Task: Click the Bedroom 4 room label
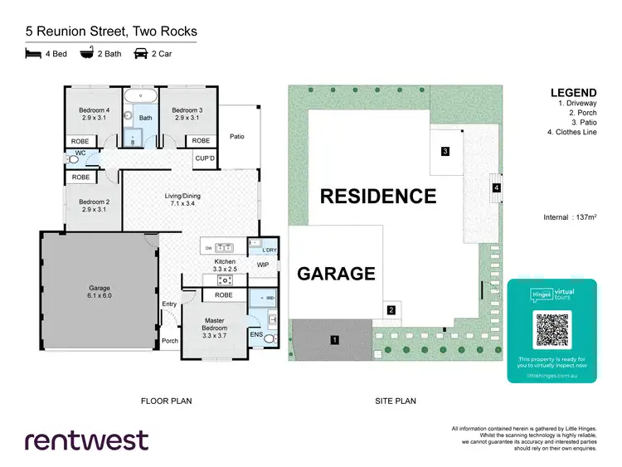[94, 114]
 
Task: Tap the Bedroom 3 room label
[187, 114]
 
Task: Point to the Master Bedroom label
[215, 324]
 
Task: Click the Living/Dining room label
[185, 199]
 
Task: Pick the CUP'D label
[204, 158]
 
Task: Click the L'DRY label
[270, 250]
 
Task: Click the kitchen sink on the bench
[225, 246]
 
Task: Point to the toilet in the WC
[72, 158]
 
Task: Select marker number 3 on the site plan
[445, 151]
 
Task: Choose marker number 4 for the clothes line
[497, 188]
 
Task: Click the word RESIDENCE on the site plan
[377, 197]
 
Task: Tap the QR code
[552, 330]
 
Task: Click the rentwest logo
[86, 440]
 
